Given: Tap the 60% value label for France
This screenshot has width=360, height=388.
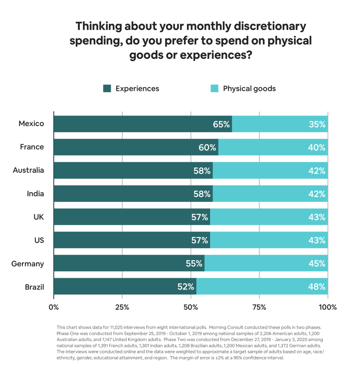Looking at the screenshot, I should coord(207,147).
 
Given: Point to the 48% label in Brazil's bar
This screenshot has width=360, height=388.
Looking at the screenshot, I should coord(317,287).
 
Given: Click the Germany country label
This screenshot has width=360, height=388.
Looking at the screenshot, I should coord(28,264).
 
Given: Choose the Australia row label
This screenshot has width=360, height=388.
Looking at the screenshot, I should coord(28,171).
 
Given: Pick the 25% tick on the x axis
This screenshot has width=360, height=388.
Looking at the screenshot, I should coord(122,307).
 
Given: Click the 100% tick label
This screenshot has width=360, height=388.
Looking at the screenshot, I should coord(327,307).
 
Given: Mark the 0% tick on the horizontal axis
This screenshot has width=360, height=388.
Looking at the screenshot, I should coord(53,307).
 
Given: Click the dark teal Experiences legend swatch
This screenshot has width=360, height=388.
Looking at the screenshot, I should coord(107,89).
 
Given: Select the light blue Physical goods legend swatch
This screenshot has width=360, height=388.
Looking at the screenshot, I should coord(214,89).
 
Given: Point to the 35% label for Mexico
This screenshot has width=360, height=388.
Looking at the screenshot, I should coord(317,124).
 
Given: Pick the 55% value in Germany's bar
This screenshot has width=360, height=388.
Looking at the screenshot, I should coord(194,264).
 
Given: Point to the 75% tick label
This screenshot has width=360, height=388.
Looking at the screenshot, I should coord(259,307).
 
